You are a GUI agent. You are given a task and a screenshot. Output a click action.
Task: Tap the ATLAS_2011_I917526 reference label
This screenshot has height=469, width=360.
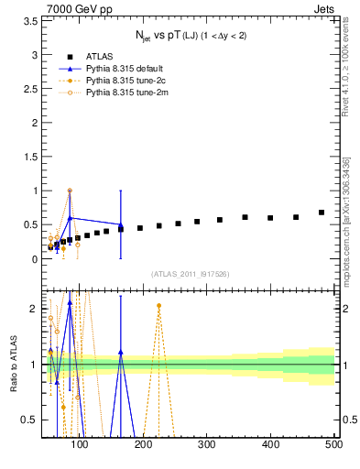[189, 275]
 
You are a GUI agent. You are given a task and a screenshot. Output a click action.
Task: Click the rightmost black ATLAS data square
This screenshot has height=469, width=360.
[322, 213]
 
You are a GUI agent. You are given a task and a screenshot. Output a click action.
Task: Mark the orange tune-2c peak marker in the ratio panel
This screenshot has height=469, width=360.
[158, 306]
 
